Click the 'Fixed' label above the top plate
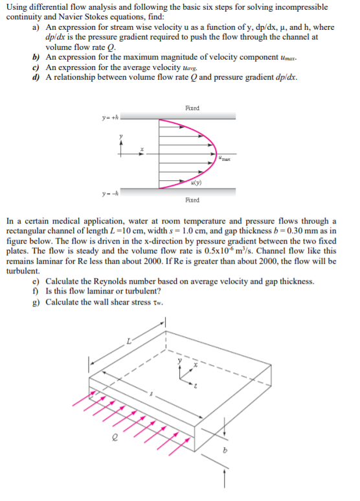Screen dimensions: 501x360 [x=192, y=108]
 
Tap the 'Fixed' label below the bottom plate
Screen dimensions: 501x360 [x=192, y=200]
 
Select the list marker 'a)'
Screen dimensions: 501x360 [x=36, y=29]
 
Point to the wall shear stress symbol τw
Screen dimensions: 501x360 [x=157, y=303]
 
